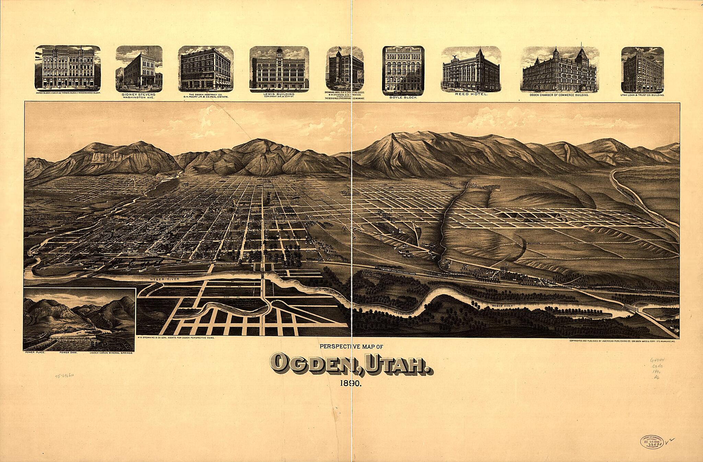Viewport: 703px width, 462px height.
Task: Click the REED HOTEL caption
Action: pos(471,94)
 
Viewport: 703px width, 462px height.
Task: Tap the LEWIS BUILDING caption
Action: pos(279,94)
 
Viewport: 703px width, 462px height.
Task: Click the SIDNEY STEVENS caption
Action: pos(139,94)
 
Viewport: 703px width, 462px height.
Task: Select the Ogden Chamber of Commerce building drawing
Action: pos(560,69)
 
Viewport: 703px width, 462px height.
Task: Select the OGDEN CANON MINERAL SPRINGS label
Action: pos(111,353)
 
